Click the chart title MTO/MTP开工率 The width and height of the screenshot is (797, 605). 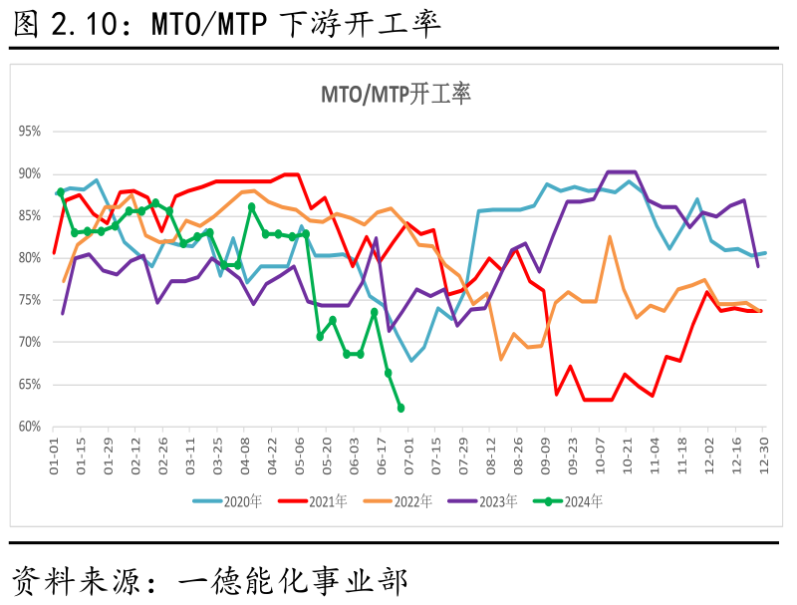click(396, 95)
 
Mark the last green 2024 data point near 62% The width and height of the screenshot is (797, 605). click(400, 408)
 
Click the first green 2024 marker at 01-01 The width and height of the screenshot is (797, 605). click(61, 191)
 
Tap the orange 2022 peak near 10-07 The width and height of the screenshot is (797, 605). click(610, 237)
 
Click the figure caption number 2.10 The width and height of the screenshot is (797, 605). click(90, 23)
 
